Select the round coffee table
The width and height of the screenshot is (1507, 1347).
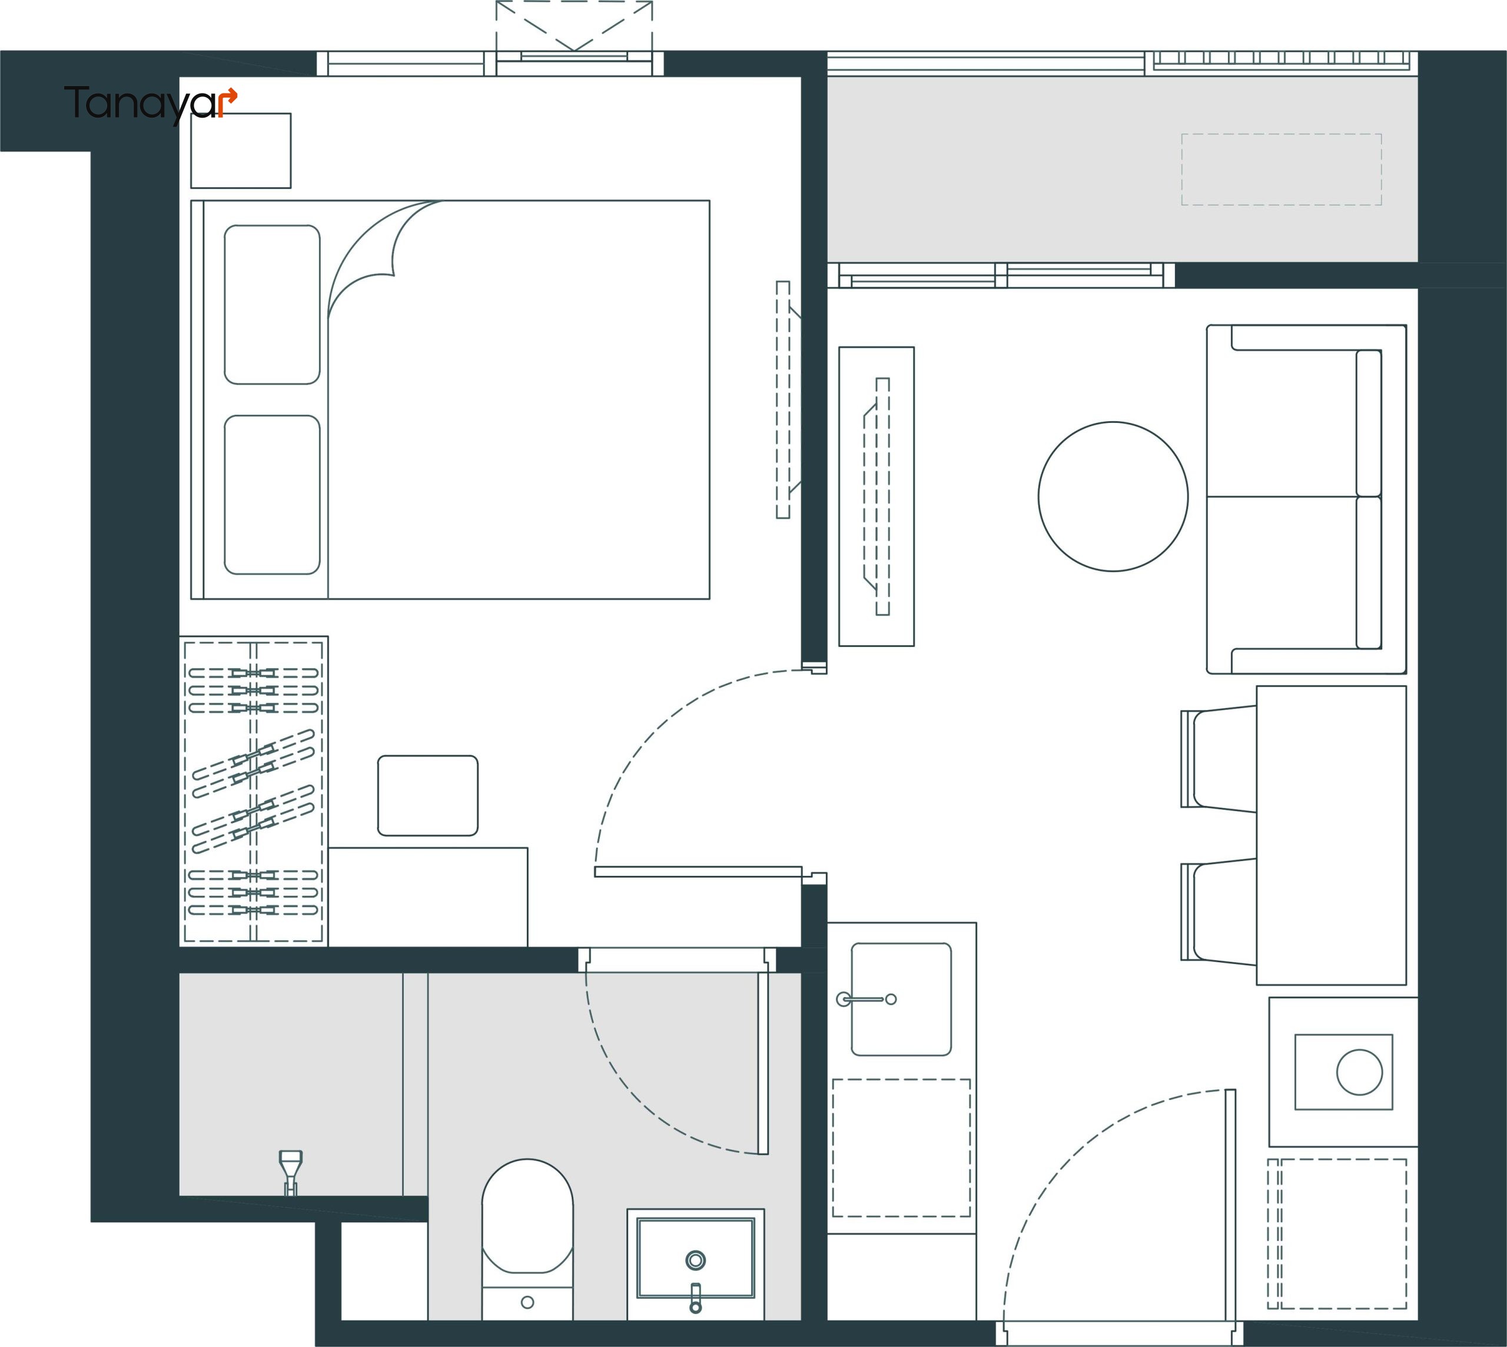point(1113,496)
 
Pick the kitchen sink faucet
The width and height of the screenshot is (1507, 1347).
point(867,999)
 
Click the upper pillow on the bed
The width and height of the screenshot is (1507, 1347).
point(273,304)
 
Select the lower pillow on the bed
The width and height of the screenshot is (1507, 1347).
point(273,495)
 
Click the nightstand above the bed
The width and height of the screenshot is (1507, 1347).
point(241,150)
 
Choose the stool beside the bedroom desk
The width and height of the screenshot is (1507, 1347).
point(428,796)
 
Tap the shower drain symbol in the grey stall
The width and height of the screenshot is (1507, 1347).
point(290,1172)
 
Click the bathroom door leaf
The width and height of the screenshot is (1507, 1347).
point(763,1063)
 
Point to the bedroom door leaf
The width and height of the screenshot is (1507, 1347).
point(698,872)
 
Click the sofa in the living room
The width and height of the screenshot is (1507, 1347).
point(1306,499)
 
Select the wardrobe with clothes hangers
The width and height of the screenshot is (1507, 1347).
point(254,791)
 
